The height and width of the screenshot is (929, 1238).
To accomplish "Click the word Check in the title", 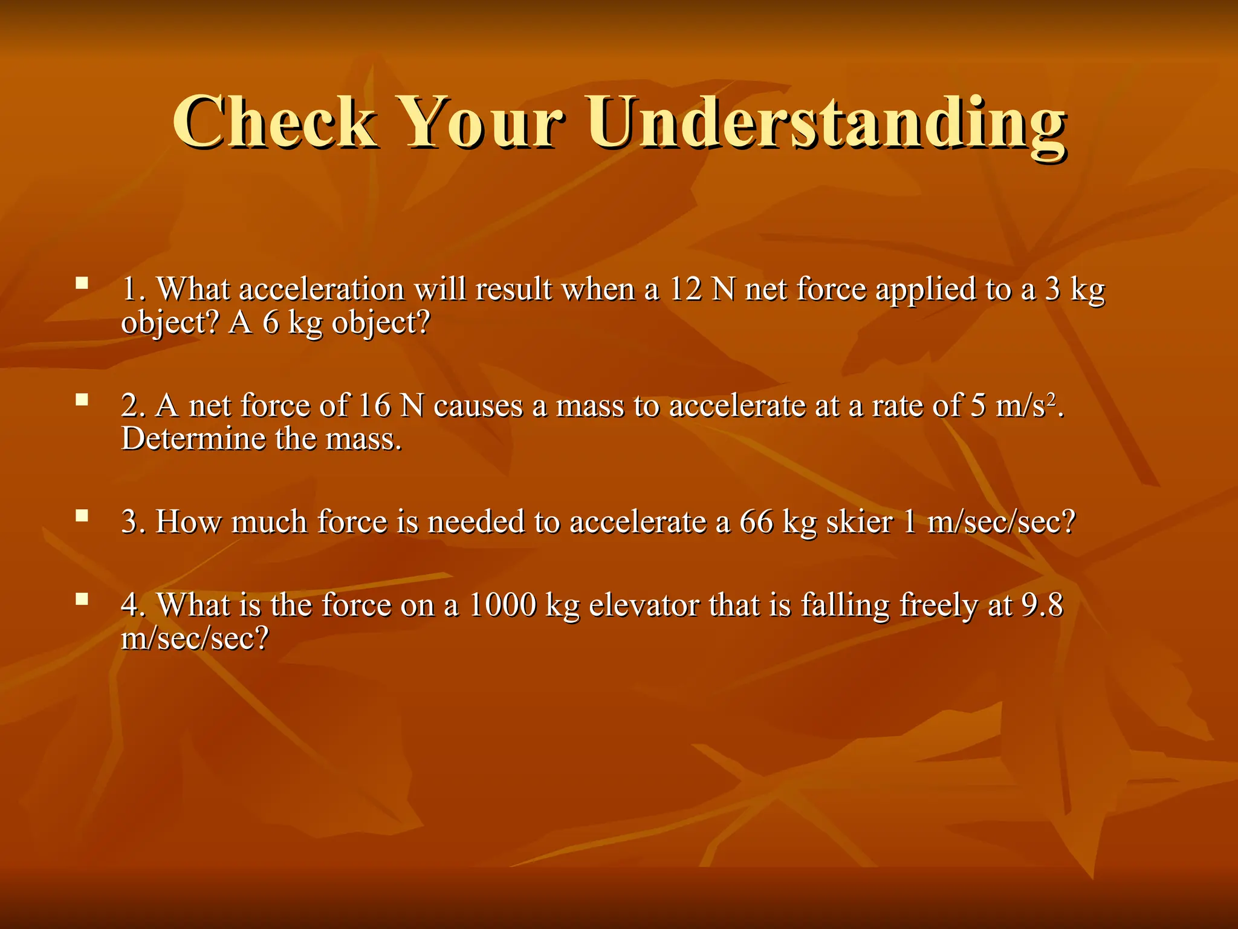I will tap(275, 123).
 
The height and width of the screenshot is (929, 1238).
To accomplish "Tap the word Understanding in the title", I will tap(826, 124).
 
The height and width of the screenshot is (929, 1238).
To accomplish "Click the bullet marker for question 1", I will tap(82, 282).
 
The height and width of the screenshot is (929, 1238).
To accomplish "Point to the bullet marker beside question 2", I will tap(82, 399).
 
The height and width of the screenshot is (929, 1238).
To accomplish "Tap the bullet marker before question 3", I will tap(82, 516).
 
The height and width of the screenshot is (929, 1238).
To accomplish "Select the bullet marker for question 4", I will tap(82, 599).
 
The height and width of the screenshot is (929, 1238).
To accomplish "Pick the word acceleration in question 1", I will tap(322, 289).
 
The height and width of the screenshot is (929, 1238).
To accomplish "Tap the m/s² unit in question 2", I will tap(1026, 405).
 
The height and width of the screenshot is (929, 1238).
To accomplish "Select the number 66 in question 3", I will tap(756, 522).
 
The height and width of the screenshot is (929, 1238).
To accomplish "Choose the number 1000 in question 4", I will tap(502, 605).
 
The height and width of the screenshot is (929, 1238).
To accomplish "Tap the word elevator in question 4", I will tap(643, 605).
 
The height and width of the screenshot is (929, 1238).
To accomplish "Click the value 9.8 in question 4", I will tap(1042, 605).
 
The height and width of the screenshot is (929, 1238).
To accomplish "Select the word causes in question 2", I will tap(478, 406).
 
